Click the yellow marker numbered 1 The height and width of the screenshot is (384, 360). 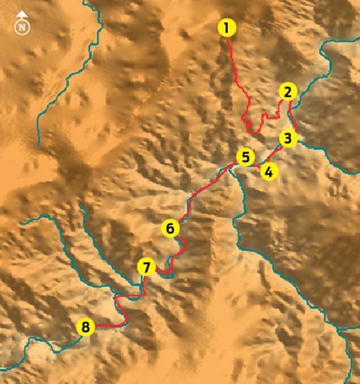click(227, 27)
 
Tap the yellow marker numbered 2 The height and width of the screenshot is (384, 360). click(287, 92)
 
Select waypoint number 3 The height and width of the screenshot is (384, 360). click(287, 139)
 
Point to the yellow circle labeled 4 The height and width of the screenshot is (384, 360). click(269, 172)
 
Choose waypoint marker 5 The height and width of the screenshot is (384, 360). click(245, 157)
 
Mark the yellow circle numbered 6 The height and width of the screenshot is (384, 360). click(169, 228)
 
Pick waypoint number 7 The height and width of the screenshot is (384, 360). click(146, 267)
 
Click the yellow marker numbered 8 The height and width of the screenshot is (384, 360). click(86, 327)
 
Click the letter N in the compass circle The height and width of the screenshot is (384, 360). click(22, 27)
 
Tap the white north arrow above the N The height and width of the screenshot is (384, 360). click(22, 15)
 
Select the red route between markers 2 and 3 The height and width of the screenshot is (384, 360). click(292, 115)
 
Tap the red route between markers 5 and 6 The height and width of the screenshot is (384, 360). click(207, 186)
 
